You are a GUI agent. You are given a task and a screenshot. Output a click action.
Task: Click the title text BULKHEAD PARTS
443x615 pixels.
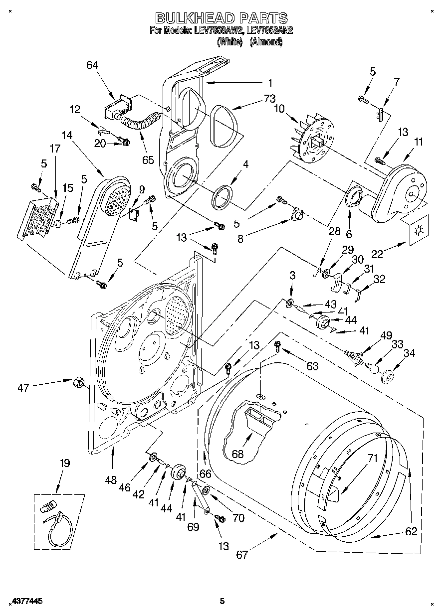(x=221, y=18)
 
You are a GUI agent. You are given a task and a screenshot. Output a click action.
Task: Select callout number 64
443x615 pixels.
(x=92, y=65)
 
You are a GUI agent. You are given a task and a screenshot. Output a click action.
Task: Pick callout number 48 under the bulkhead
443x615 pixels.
(x=111, y=480)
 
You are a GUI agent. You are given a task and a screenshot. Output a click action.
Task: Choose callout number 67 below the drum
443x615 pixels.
(x=241, y=555)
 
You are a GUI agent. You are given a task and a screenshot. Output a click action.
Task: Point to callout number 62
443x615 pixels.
(x=411, y=531)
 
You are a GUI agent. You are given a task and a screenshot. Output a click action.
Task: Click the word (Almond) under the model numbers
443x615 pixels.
(x=265, y=42)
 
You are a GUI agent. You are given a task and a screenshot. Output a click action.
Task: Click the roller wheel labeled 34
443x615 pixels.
(x=387, y=376)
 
